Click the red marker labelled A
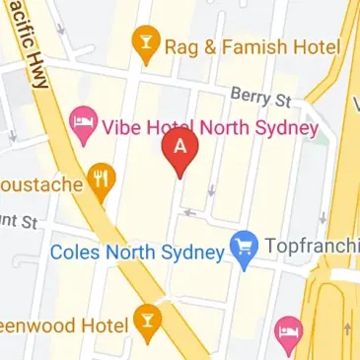click(x=180, y=149)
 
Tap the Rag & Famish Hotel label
click(x=252, y=46)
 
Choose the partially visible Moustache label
click(x=39, y=182)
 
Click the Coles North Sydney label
click(x=139, y=252)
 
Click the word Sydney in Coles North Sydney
click(x=195, y=252)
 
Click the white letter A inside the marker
click(x=180, y=144)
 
